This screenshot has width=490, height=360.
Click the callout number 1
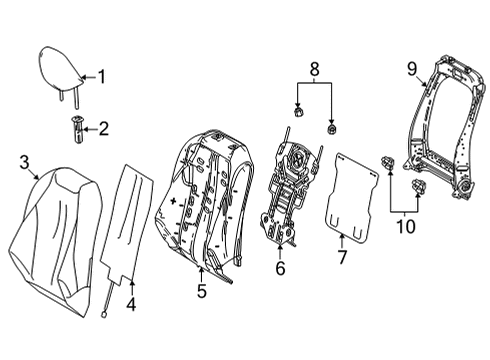click(100, 74)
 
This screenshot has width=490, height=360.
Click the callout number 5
click(203, 292)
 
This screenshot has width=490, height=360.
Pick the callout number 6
click(280, 267)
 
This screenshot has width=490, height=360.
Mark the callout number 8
click(317, 70)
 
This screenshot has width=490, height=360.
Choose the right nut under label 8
click(332, 130)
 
